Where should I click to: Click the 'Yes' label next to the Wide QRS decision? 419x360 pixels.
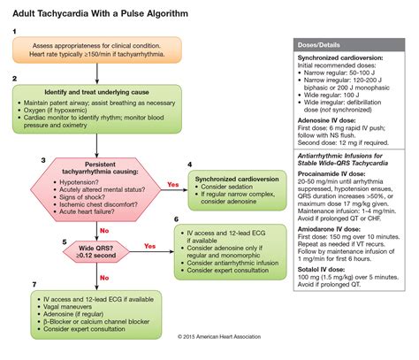click(x=150, y=247)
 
